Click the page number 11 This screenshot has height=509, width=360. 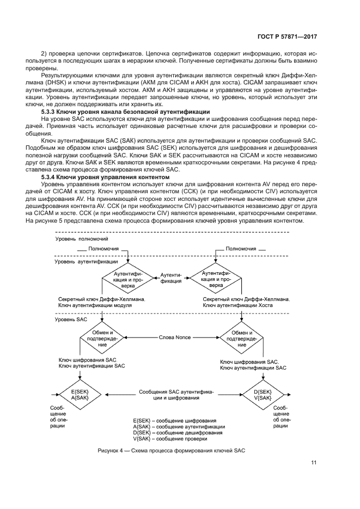click(314, 463)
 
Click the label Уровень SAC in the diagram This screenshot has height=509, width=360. click(71, 320)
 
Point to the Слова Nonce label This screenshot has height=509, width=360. click(174, 338)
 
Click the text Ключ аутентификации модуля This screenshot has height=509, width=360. click(91, 306)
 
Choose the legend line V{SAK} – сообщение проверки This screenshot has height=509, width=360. click(170, 439)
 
